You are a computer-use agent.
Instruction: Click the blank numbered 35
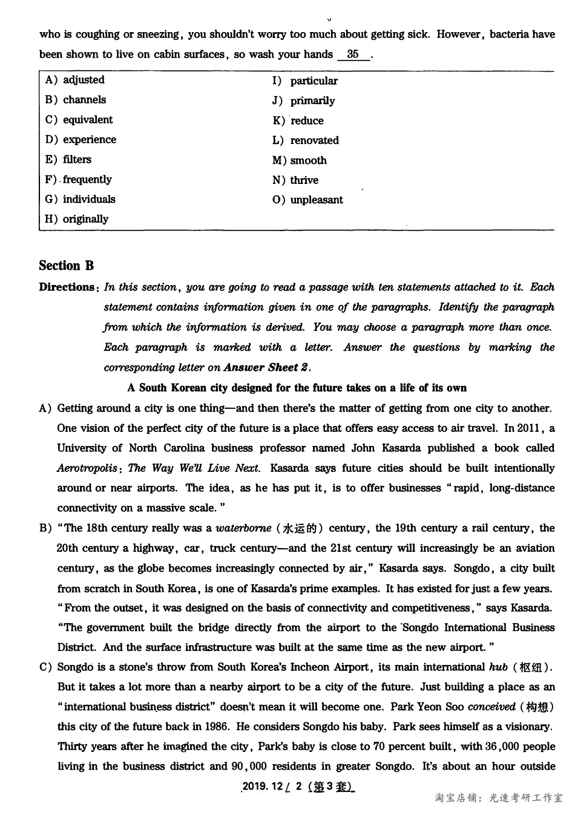pyautogui.click(x=353, y=54)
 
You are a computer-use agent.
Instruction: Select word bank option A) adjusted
pyautogui.click(x=75, y=80)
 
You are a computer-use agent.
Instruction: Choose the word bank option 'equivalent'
pyautogui.click(x=79, y=120)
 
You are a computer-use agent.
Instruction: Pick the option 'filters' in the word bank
pyautogui.click(x=68, y=160)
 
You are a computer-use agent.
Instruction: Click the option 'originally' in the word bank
pyautogui.click(x=76, y=219)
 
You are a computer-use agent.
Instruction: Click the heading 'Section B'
pyautogui.click(x=67, y=266)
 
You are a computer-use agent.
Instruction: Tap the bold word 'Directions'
pyautogui.click(x=67, y=287)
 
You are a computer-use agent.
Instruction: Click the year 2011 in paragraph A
pyautogui.click(x=528, y=428)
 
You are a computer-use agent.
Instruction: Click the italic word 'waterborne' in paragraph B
pyautogui.click(x=243, y=528)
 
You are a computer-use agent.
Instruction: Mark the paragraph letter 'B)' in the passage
pyautogui.click(x=46, y=528)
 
